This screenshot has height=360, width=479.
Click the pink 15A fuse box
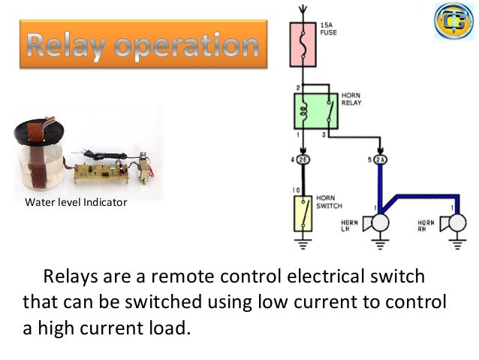[303, 45]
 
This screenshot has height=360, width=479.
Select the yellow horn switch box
[303, 212]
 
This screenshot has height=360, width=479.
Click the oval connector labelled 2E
[304, 159]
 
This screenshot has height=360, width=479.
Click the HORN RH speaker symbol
[455, 224]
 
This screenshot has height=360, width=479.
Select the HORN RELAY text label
[351, 99]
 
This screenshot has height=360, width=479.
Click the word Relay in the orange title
[68, 46]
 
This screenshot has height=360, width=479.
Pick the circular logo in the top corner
[453, 20]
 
